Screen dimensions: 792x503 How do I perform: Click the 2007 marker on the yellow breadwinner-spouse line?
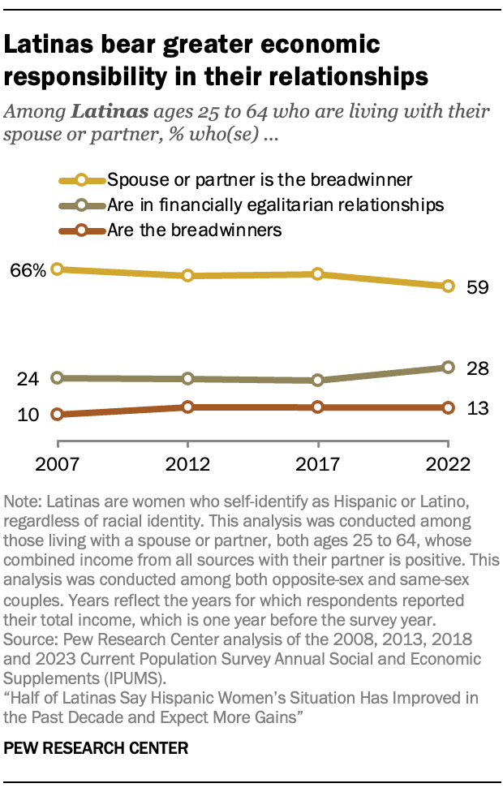click(58, 269)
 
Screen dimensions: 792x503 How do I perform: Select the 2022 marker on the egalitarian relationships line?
click(448, 368)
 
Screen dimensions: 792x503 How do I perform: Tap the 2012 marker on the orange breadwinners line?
click(188, 407)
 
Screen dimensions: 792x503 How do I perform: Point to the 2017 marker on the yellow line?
click(318, 274)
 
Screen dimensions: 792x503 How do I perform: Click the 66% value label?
click(27, 269)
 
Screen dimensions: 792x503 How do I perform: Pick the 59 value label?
click(478, 287)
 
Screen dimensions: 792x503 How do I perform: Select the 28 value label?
click(478, 368)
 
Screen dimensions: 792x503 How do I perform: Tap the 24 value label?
click(29, 378)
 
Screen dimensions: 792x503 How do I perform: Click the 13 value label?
click(478, 408)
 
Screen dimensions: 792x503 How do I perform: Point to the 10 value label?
click(28, 415)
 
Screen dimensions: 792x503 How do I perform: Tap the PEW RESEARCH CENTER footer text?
click(97, 747)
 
